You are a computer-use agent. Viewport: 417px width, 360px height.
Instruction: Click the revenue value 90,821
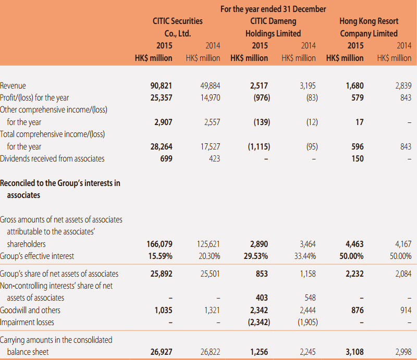point(161,85)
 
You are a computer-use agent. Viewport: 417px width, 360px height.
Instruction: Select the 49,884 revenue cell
point(210,85)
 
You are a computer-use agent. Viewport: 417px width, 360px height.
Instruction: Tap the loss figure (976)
point(262,98)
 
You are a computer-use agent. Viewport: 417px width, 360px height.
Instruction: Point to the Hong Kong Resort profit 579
point(358,97)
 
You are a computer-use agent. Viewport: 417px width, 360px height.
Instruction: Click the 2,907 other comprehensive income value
point(163,122)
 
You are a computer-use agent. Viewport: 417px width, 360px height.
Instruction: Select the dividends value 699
point(166,158)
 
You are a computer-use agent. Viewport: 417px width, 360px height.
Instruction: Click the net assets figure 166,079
point(160,244)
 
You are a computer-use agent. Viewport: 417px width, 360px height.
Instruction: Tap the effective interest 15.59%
point(161,256)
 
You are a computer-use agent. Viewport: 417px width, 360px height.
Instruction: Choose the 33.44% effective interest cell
point(305,256)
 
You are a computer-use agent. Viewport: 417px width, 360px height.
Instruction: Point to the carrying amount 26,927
point(162,352)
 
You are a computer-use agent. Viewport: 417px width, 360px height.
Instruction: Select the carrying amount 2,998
point(403,352)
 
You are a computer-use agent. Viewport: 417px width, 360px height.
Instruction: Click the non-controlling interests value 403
point(262,297)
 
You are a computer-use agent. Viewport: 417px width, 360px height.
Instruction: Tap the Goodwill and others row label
point(30,310)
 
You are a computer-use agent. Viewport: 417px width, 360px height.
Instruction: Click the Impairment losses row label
point(27,322)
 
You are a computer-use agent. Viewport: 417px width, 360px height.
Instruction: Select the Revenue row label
point(13,85)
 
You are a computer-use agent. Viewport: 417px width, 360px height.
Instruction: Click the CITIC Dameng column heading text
point(273,27)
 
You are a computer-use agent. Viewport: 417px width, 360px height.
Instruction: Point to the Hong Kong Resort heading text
point(369,27)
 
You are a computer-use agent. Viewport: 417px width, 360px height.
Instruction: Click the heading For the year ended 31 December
point(273,9)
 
